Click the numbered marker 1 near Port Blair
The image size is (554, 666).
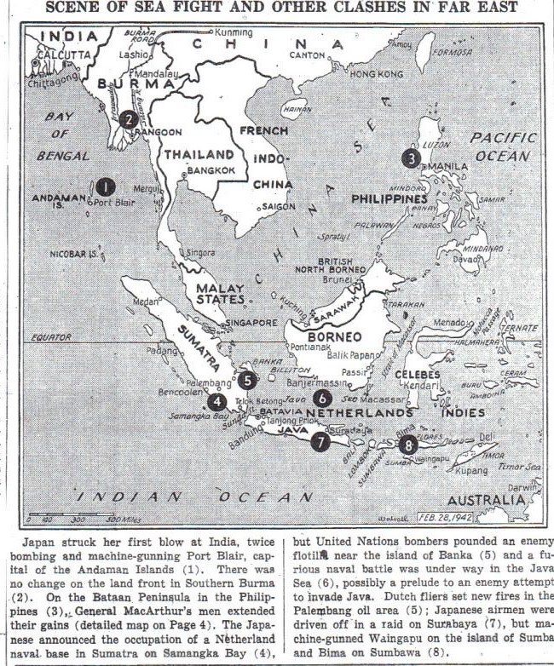(106, 187)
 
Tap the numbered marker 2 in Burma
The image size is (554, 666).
(127, 119)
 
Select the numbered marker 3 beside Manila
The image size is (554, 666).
(411, 158)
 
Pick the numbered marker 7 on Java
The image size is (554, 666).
(320, 442)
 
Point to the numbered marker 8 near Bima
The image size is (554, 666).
(409, 444)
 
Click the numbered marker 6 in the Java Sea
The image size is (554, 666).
(321, 397)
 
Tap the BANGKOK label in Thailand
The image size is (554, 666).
(205, 170)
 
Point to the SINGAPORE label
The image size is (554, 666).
(251, 324)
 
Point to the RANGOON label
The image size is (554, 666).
(159, 132)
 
